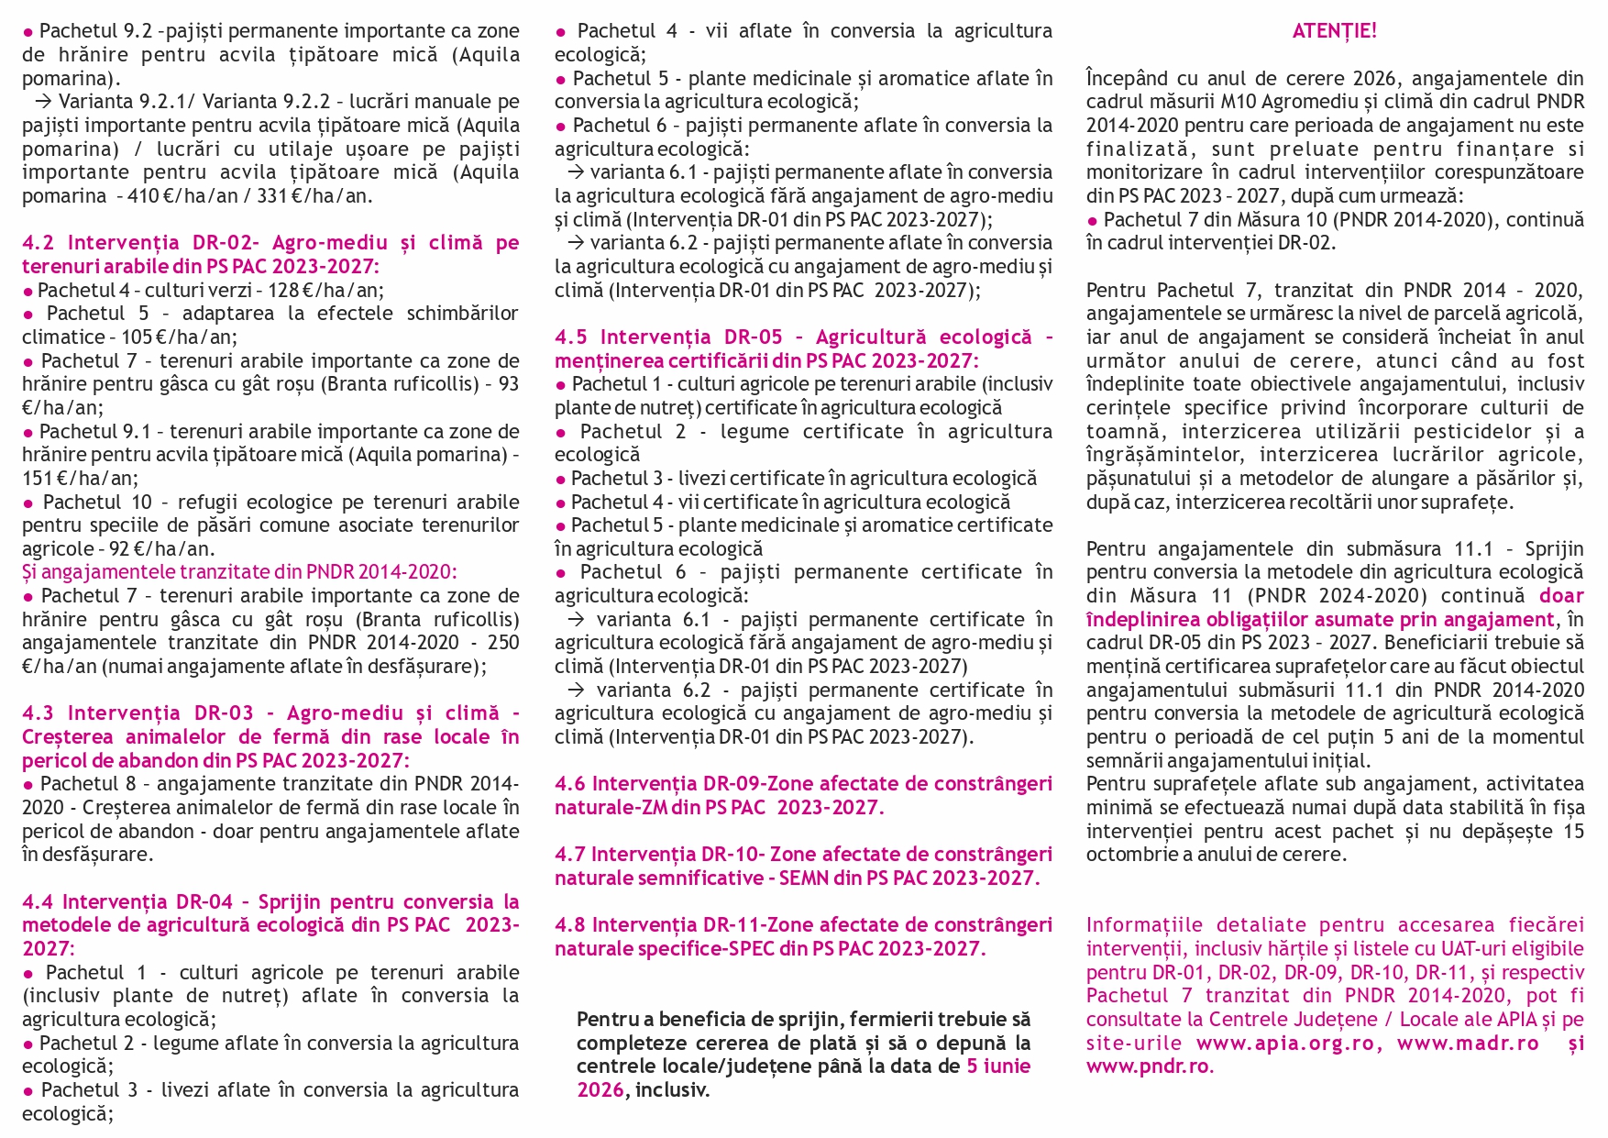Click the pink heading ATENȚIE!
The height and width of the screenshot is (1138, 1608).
click(x=1334, y=31)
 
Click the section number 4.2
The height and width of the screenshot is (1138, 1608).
click(x=39, y=243)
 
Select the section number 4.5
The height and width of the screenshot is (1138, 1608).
click(x=571, y=337)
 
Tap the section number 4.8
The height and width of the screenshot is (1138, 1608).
click(x=569, y=925)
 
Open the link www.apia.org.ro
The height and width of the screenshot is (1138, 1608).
click(x=1289, y=1043)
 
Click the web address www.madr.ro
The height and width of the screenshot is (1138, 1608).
click(x=1468, y=1043)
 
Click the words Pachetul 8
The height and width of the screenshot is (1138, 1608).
click(x=92, y=784)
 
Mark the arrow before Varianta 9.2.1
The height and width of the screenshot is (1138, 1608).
click(x=43, y=102)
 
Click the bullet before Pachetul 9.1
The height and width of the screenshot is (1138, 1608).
click(x=28, y=432)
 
